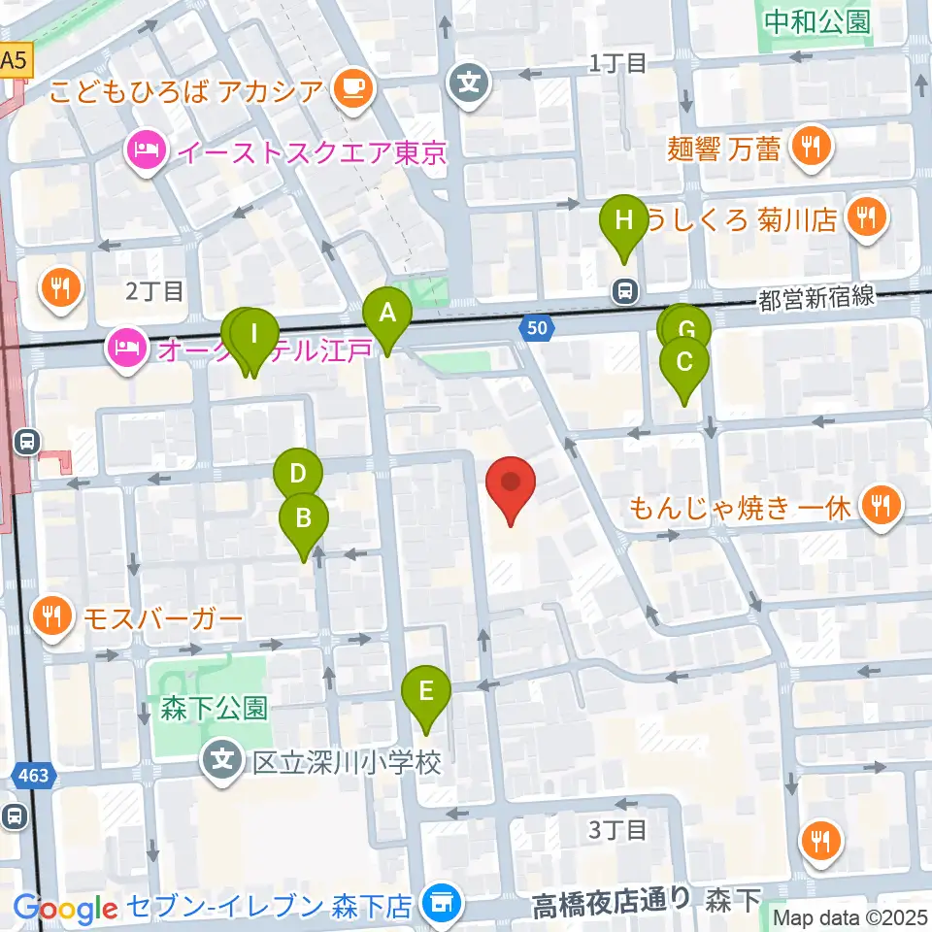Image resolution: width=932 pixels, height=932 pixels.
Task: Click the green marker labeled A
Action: coord(387,315)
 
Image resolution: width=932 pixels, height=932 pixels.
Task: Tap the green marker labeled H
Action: coord(623,220)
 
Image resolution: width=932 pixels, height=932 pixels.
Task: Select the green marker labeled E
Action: coord(426,691)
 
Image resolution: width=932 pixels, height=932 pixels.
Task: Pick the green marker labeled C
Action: coord(683,363)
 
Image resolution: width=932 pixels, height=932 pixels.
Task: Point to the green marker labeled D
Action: coord(297,475)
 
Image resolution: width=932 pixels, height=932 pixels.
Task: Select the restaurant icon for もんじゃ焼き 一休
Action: coord(882,505)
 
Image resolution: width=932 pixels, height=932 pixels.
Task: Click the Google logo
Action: coord(65,908)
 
